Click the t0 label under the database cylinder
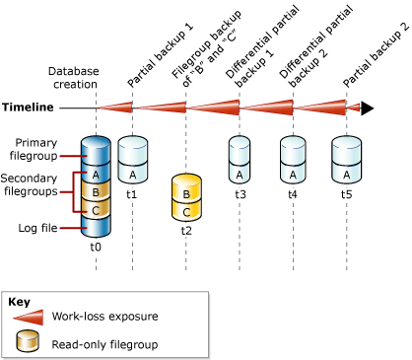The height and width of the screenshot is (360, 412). coord(96,249)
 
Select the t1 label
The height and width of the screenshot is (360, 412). coord(132,195)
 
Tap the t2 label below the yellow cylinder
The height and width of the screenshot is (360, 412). coord(186,230)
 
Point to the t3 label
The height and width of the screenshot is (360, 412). coord(240,195)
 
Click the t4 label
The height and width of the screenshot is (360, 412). coord(292,195)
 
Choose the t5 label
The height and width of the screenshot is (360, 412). coord(345,195)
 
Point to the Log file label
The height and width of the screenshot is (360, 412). coord(38,228)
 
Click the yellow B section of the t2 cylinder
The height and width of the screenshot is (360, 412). coord(186,189)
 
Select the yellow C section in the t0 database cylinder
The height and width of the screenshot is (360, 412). coord(96,209)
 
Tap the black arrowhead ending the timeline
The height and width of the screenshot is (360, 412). coord(368,108)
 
